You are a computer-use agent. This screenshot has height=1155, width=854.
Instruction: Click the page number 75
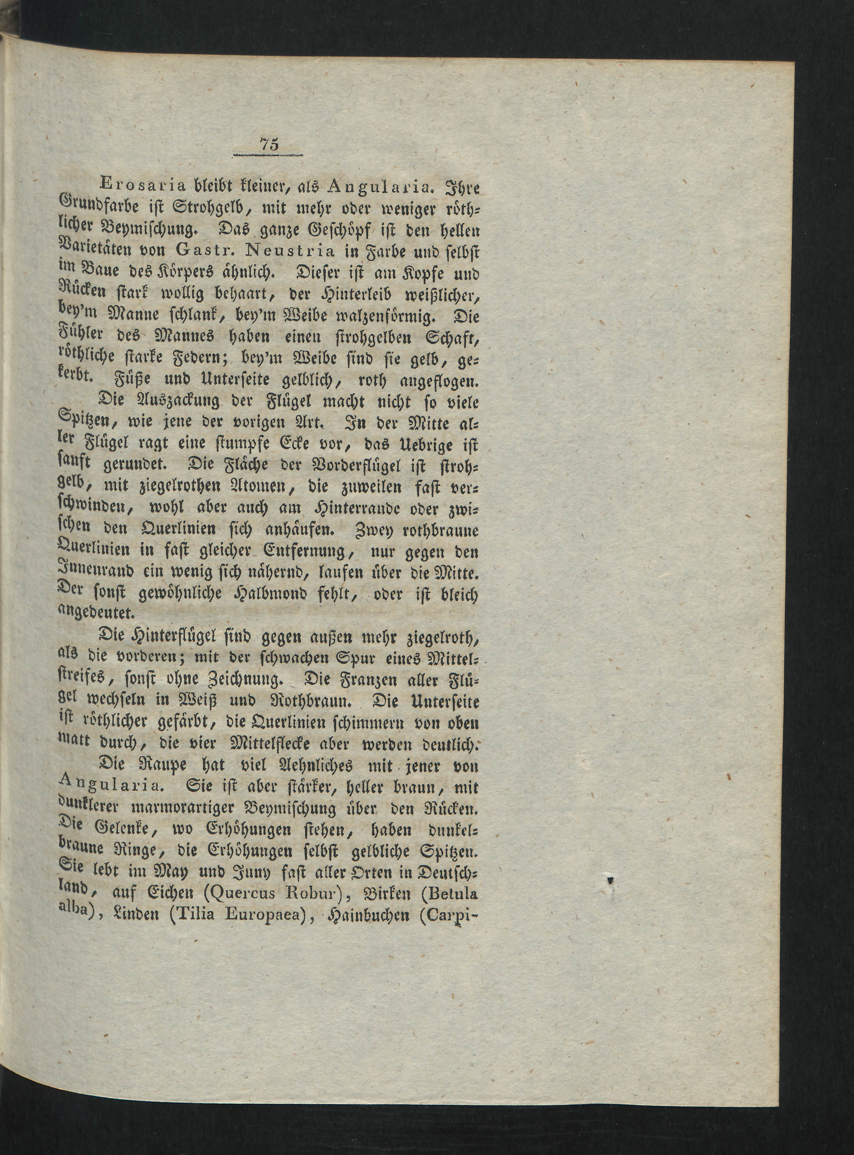pos(270,145)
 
